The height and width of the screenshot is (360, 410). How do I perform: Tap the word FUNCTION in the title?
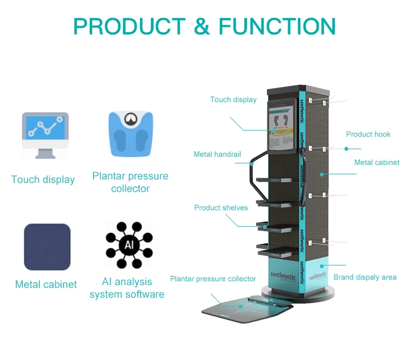click(277, 26)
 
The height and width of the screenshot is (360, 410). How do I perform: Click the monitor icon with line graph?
click(45, 134)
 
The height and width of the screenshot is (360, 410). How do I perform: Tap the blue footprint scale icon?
click(130, 134)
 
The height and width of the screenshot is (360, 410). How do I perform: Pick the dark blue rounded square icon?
click(47, 247)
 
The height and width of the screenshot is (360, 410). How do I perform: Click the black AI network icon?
click(129, 245)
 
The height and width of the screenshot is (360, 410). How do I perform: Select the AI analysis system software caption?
click(127, 288)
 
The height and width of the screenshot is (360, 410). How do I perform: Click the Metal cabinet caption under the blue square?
click(46, 285)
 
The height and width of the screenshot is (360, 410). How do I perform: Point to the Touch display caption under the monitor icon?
click(43, 180)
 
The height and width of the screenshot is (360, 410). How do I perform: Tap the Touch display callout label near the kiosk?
click(233, 99)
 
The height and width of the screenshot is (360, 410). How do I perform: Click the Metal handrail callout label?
click(217, 154)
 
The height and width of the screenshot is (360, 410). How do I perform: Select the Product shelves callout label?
click(221, 208)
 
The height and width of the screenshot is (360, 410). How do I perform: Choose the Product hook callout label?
click(368, 134)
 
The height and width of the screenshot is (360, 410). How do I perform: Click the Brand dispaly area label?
click(365, 277)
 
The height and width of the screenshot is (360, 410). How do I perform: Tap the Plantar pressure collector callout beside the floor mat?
click(213, 279)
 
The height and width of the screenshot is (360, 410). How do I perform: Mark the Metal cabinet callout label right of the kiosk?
click(377, 162)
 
